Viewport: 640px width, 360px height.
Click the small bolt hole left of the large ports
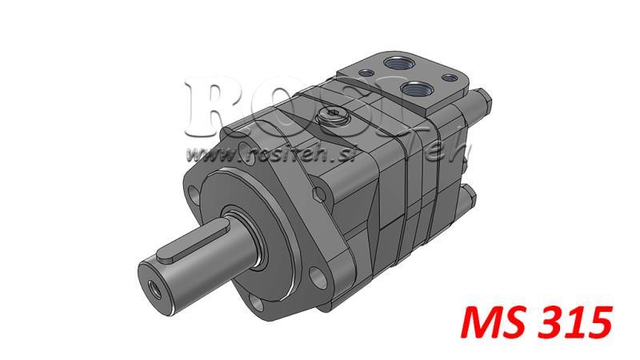[x=366, y=74]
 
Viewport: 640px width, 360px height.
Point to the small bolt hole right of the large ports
[x=450, y=78]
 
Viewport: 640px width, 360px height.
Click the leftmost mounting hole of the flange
[x=193, y=194]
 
